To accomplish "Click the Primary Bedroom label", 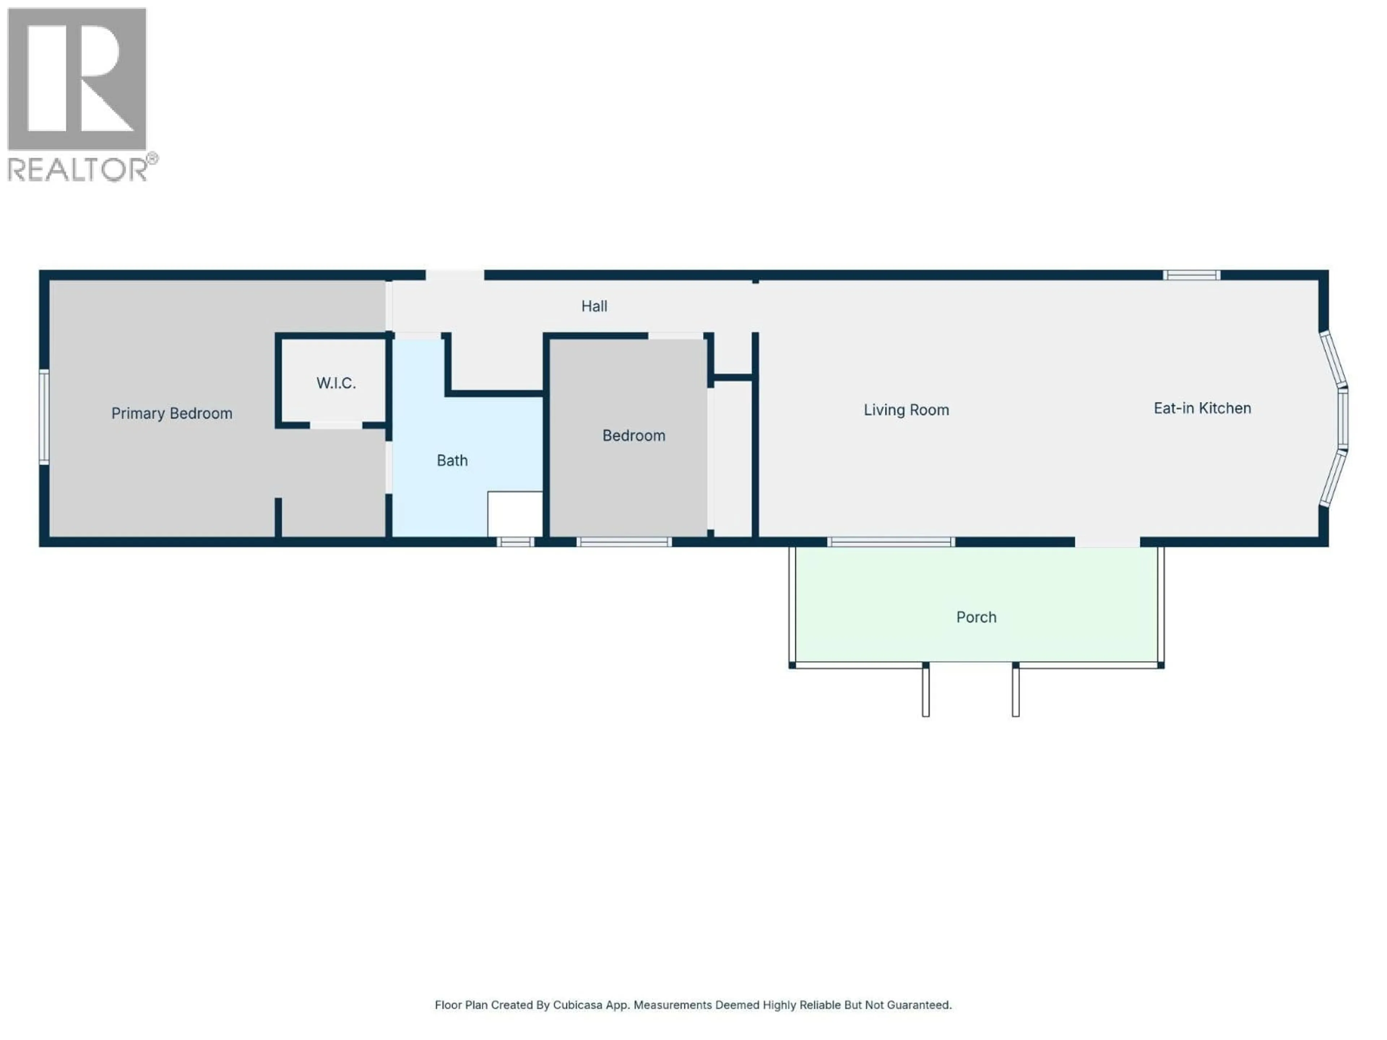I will pyautogui.click(x=172, y=413).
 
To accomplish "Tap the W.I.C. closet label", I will pyautogui.click(x=336, y=383).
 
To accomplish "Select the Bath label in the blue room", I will pyautogui.click(x=452, y=461).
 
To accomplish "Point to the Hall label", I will pyautogui.click(x=594, y=306).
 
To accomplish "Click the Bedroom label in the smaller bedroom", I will pyautogui.click(x=633, y=436).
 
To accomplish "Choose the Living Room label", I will pyautogui.click(x=906, y=410).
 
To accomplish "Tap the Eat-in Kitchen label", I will pyautogui.click(x=1202, y=408).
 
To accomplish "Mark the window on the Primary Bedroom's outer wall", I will pyautogui.click(x=44, y=417).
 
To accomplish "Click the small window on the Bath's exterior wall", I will pyautogui.click(x=515, y=542).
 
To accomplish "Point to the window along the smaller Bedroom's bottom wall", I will pyautogui.click(x=624, y=542).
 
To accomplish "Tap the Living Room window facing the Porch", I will pyautogui.click(x=891, y=542).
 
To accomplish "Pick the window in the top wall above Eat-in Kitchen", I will pyautogui.click(x=1191, y=275).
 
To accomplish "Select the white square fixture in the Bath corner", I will pyautogui.click(x=515, y=513).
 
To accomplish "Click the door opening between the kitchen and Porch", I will pyautogui.click(x=1107, y=542).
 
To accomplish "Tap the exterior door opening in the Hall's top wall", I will pyautogui.click(x=455, y=275).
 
